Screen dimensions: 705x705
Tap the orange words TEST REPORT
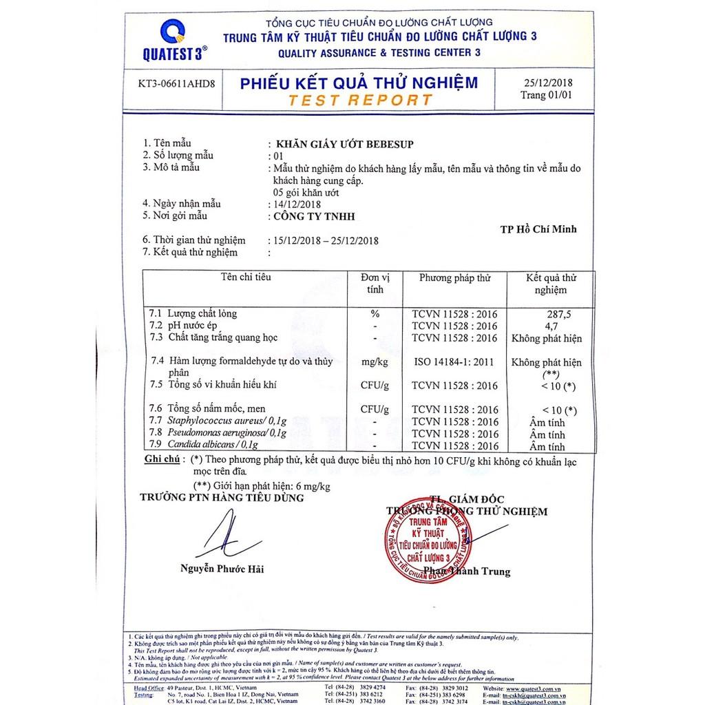[x=361, y=100]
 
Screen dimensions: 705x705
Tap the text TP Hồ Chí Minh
[x=538, y=229]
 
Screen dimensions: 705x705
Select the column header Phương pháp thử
[x=455, y=278]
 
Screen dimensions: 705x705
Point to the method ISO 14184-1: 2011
[x=454, y=361]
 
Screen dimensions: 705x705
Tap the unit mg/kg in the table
[x=375, y=361]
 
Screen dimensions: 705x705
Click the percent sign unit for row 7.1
[x=375, y=314]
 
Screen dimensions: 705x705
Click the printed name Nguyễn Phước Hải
[x=222, y=569]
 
